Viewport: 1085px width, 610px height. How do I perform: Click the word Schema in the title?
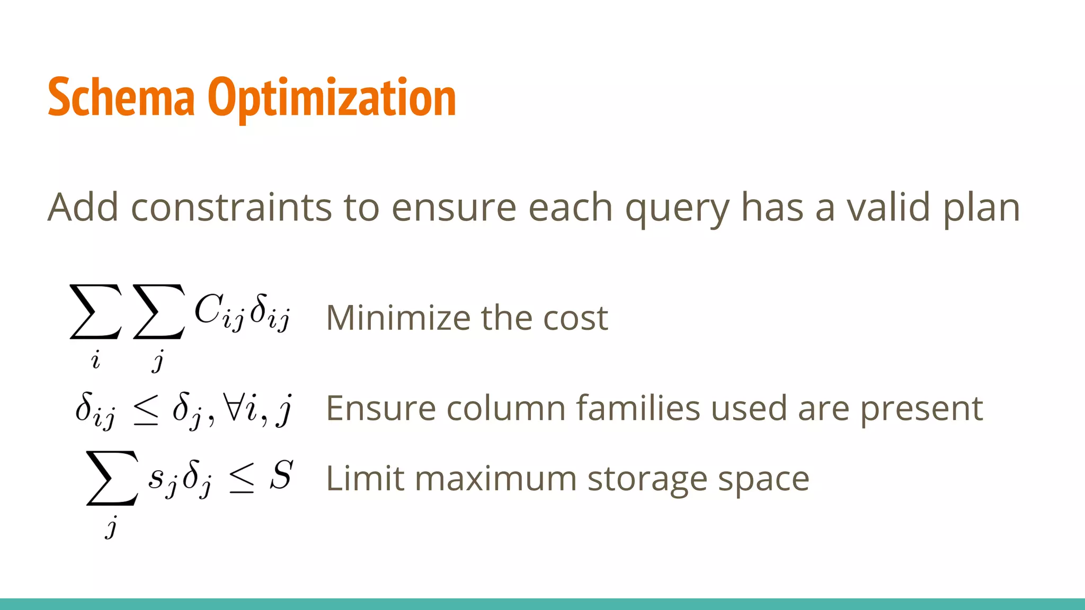click(x=121, y=97)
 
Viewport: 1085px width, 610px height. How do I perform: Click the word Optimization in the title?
click(x=332, y=97)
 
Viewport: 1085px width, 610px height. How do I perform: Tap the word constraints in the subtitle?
click(x=232, y=208)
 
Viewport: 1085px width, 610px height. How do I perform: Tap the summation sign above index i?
click(x=96, y=312)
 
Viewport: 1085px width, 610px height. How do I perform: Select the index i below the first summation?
click(x=95, y=360)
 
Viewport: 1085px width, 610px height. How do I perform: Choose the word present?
click(x=921, y=409)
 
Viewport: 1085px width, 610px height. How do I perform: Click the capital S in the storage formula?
click(x=281, y=475)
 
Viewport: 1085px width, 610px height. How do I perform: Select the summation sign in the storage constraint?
click(x=112, y=478)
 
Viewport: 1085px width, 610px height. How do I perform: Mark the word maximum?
click(x=495, y=479)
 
